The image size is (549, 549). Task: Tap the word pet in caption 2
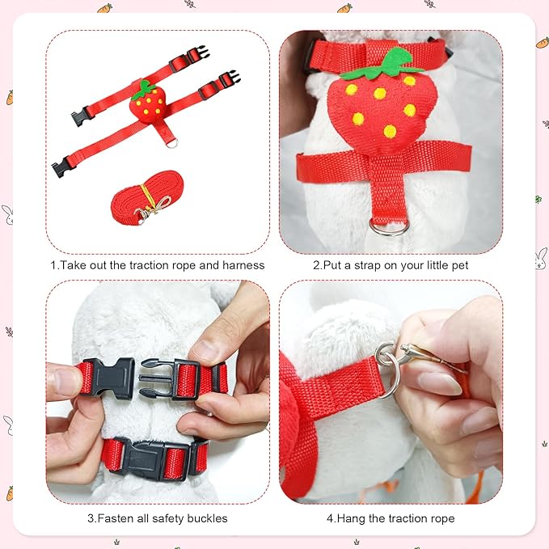(x=460, y=265)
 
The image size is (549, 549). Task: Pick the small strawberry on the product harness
(x=147, y=102)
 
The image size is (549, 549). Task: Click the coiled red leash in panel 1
(x=147, y=198)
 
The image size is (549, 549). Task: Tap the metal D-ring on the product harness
(x=171, y=143)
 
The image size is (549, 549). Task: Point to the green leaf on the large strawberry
(x=382, y=65)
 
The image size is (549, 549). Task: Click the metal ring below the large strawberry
(x=389, y=227)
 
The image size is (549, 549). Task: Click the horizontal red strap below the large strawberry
(x=384, y=162)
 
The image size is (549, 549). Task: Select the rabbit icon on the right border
(x=541, y=259)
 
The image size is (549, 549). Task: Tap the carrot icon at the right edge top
(x=543, y=42)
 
